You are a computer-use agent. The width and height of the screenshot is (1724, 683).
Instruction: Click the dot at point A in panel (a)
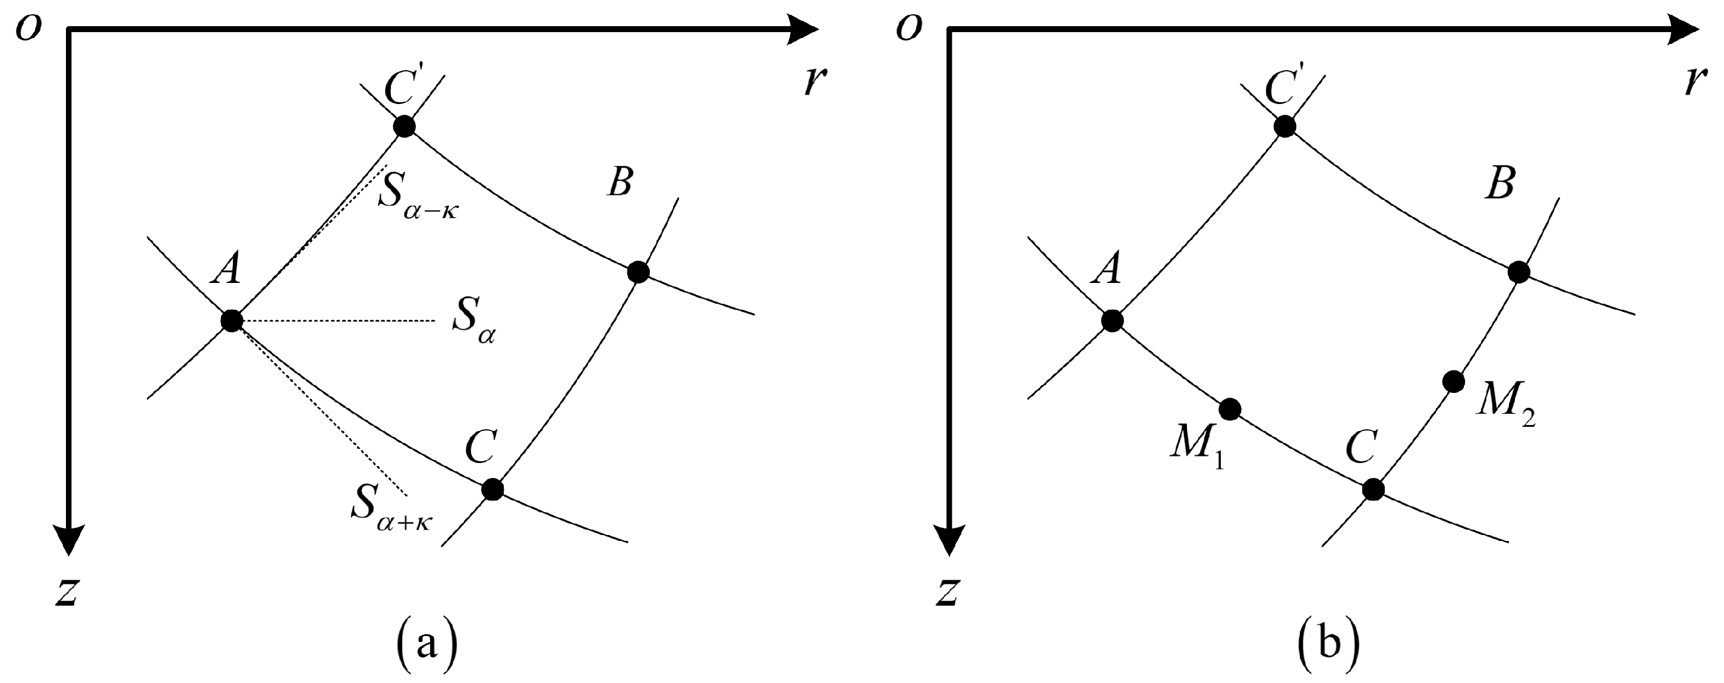tap(232, 321)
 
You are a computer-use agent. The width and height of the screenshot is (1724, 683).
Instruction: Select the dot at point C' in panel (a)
tap(404, 126)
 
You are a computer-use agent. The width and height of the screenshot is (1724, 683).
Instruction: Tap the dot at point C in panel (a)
tap(492, 489)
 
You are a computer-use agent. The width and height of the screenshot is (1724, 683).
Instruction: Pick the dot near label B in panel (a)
tap(639, 272)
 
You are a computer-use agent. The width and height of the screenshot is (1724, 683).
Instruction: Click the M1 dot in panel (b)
tap(1230, 408)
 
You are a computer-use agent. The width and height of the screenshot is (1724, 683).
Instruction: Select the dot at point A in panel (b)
tap(1112, 321)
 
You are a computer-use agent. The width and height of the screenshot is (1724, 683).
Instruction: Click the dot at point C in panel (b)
tap(1373, 489)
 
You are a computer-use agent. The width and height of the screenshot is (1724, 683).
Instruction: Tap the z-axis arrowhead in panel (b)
tap(949, 539)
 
